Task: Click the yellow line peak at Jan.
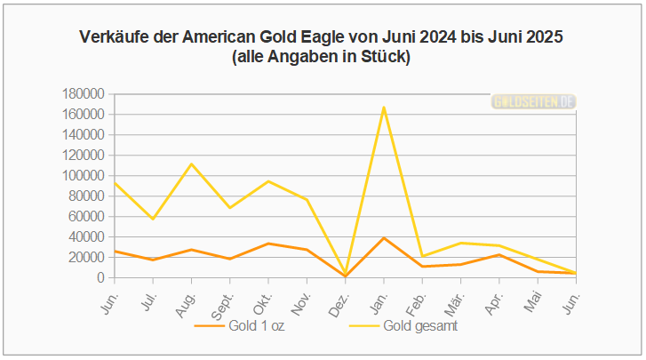pyautogui.click(x=384, y=107)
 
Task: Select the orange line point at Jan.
pyautogui.click(x=384, y=238)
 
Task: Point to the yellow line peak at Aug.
pyautogui.click(x=191, y=164)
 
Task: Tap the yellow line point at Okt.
pyautogui.click(x=268, y=181)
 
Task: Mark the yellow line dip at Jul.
pyautogui.click(x=153, y=219)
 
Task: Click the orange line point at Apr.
pyautogui.click(x=499, y=254)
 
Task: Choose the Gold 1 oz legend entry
pyautogui.click(x=240, y=325)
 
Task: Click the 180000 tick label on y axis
pyautogui.click(x=84, y=94)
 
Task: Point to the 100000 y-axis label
pyautogui.click(x=84, y=176)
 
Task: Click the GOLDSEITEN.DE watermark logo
pyautogui.click(x=534, y=102)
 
